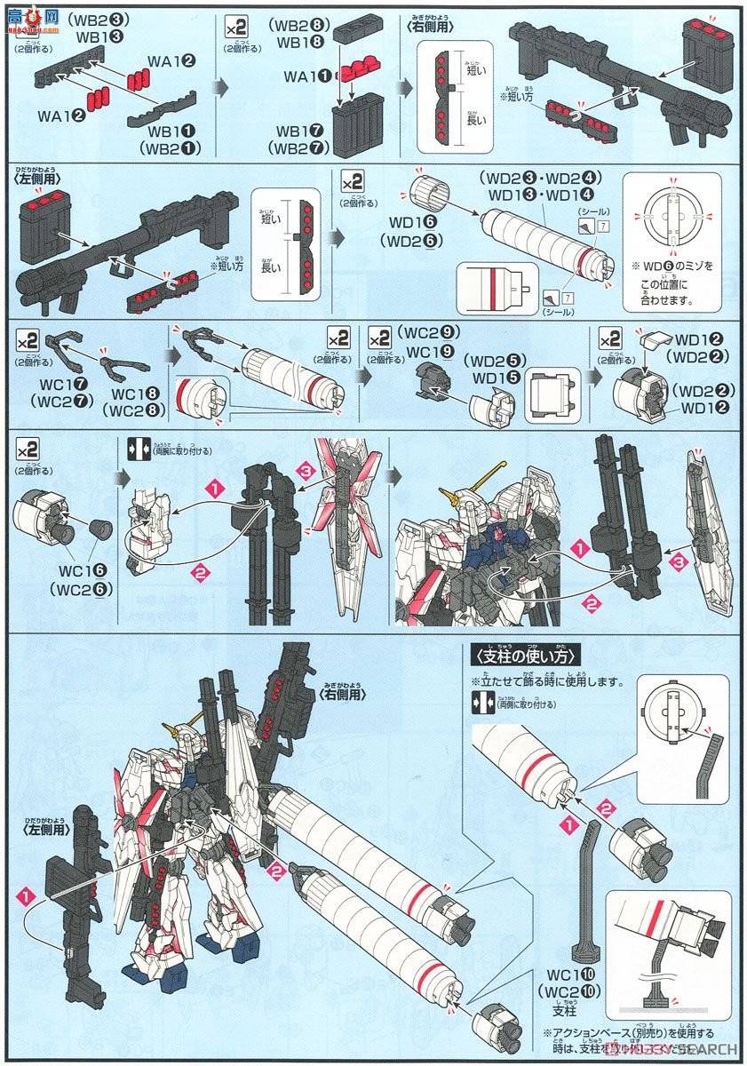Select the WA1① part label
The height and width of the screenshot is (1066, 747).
(304, 77)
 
